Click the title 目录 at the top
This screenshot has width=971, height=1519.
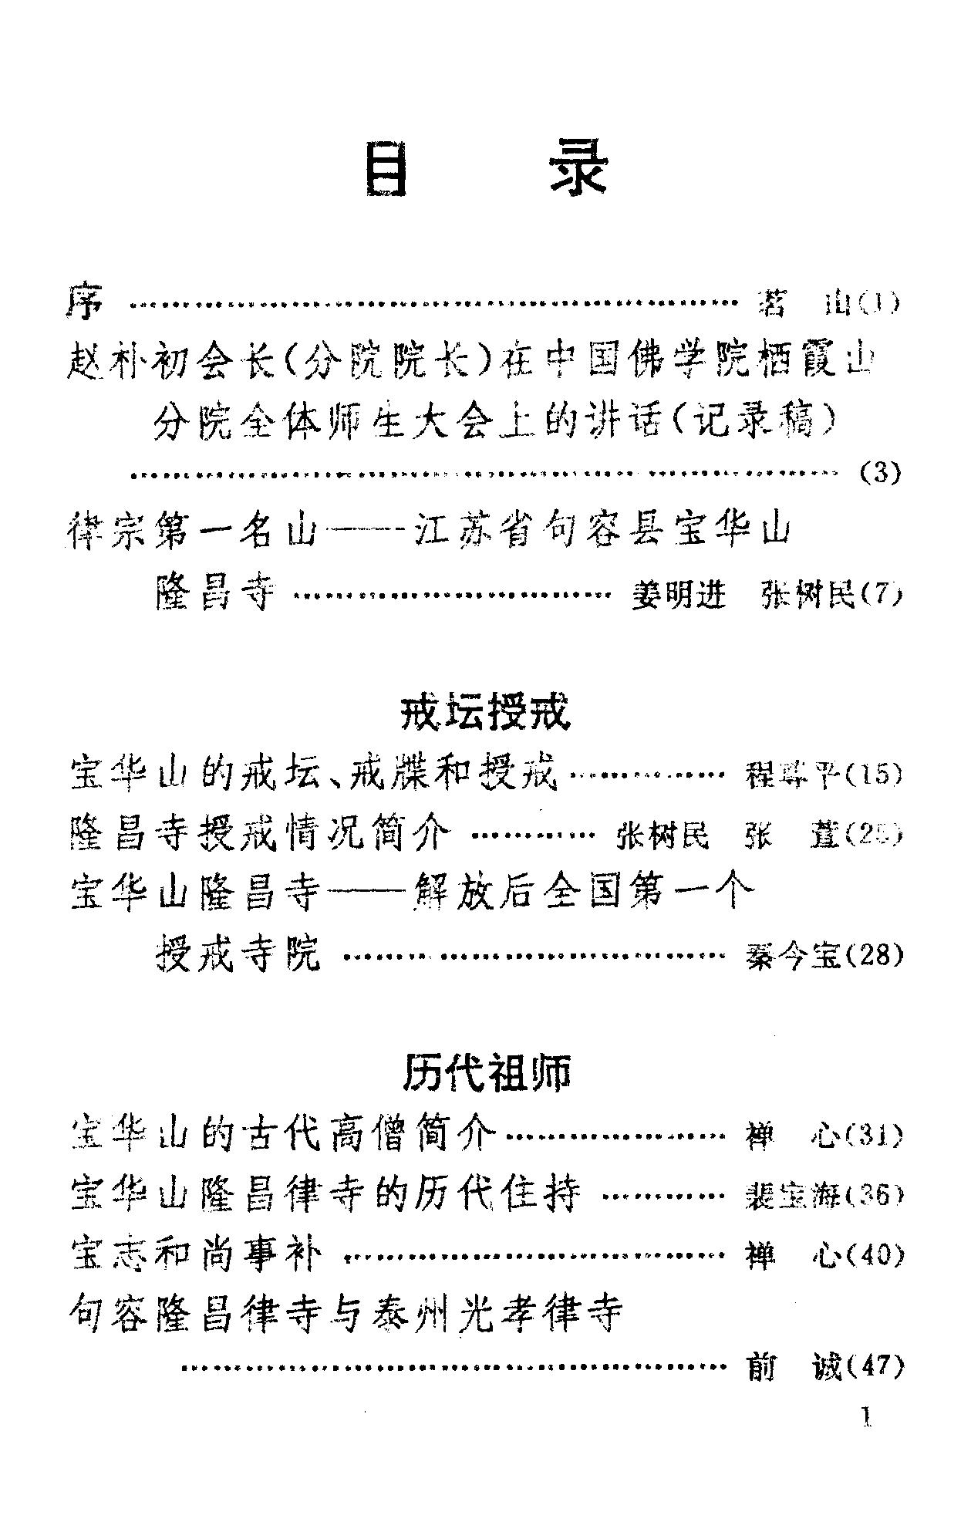coord(486,168)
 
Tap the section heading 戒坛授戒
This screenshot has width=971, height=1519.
coord(486,712)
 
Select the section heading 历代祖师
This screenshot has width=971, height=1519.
coord(487,1072)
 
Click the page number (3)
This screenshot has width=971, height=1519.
coord(880,472)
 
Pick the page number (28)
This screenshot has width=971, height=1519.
coord(874,955)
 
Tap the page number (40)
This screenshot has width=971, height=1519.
coord(874,1255)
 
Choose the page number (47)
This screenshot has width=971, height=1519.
coord(874,1366)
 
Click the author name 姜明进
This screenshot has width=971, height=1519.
coord(678,596)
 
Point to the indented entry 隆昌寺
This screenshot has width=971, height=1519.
coord(215,595)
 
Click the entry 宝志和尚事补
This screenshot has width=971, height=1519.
coord(196,1255)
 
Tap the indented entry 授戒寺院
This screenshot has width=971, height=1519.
coord(238,955)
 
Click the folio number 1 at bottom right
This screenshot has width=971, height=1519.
coord(868,1419)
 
